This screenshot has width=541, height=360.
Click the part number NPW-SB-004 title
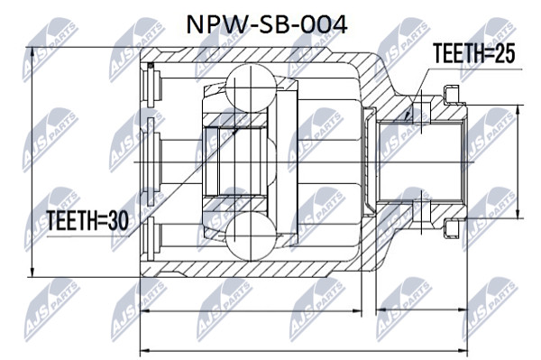tap(266, 25)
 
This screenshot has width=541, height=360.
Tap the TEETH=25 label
tap(474, 53)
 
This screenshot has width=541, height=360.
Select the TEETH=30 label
tap(87, 220)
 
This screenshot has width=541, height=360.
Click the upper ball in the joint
tap(252, 88)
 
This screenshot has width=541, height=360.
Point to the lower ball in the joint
tap(252, 236)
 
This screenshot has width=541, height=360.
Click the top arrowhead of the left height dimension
tap(32, 51)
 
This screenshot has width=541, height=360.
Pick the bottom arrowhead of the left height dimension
tap(32, 272)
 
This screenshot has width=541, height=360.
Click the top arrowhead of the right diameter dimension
tap(518, 109)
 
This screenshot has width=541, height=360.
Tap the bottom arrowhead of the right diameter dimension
tap(518, 214)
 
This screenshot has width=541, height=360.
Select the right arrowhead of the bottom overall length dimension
tap(463, 351)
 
